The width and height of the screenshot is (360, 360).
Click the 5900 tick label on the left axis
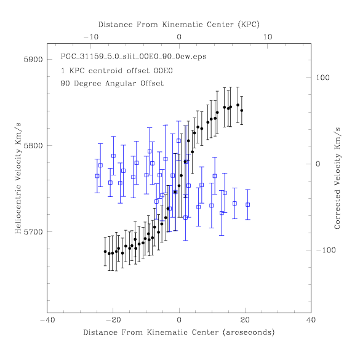click(x=33, y=60)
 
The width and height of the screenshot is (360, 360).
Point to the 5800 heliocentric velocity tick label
click(x=33, y=146)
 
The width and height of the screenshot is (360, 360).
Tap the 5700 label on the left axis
click(x=33, y=232)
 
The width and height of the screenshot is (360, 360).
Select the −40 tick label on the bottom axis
click(x=47, y=320)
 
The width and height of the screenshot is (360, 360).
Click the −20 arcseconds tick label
click(x=113, y=320)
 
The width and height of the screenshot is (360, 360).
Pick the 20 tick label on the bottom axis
click(x=245, y=320)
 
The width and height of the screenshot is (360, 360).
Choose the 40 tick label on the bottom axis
click(x=311, y=320)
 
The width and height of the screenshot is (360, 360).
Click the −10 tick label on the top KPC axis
click(x=91, y=37)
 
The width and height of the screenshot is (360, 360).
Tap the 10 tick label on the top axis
click(x=268, y=37)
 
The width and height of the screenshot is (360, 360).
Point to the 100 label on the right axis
click(x=322, y=78)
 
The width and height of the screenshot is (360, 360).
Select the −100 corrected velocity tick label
click(x=326, y=250)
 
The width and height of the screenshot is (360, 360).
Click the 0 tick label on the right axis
click(x=318, y=164)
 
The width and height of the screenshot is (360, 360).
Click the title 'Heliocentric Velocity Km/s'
click(x=18, y=178)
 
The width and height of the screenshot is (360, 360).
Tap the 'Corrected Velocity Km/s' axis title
click(x=337, y=178)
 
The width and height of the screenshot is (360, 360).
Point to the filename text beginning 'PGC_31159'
click(x=134, y=57)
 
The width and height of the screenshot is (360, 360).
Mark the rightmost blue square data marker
click(x=248, y=204)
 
